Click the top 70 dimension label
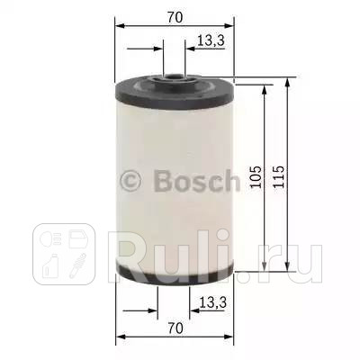(174, 16)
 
